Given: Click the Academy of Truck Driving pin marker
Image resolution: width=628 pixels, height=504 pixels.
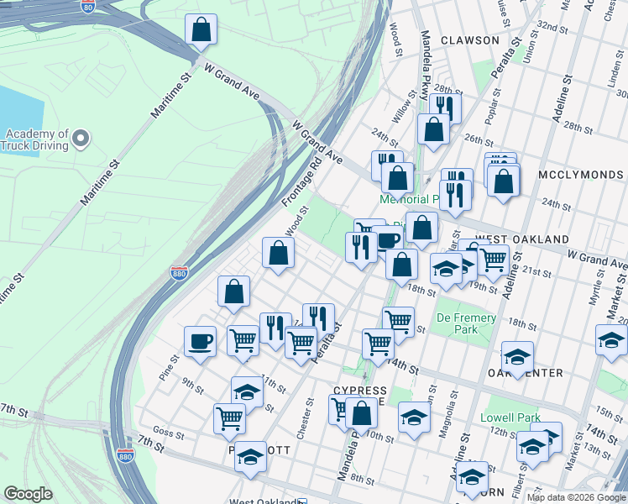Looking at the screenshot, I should click(81, 137).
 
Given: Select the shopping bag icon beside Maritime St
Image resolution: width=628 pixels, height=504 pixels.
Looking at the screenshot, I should click(201, 30).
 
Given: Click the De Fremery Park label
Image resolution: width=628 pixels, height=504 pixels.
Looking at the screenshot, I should click(468, 323).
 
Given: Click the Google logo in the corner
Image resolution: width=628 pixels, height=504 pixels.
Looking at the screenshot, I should click(28, 494).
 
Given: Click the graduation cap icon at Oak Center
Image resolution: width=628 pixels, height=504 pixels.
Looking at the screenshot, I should click(518, 356).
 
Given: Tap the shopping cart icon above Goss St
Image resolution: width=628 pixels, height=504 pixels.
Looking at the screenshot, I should click(229, 417).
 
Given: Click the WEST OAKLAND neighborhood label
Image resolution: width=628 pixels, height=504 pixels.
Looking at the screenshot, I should click(521, 239).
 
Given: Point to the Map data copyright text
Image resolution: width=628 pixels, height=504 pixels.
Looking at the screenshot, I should click(575, 497).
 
